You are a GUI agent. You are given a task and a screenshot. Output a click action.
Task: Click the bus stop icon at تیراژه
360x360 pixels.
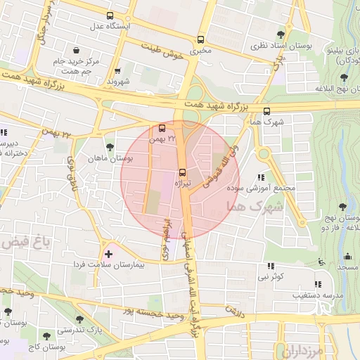click(x=183, y=172)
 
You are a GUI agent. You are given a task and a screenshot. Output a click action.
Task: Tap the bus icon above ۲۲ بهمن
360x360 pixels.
click(x=162, y=128)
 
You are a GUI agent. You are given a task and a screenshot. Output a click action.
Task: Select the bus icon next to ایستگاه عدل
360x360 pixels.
click(x=109, y=15)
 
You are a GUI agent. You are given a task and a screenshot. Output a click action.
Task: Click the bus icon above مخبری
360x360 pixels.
click(x=201, y=39)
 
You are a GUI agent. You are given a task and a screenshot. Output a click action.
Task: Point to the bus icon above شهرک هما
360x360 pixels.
click(x=266, y=110)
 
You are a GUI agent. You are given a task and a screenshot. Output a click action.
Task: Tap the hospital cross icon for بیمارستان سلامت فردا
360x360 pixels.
click(x=108, y=253)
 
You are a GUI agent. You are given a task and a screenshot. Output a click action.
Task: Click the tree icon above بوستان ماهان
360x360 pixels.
click(x=109, y=146)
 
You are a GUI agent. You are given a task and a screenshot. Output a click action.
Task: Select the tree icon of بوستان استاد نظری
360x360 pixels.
click(x=281, y=34)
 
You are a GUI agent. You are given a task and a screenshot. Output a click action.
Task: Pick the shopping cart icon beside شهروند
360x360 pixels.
click(x=117, y=70)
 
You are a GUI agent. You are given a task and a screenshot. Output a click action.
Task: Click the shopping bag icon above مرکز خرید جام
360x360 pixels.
click(x=76, y=50)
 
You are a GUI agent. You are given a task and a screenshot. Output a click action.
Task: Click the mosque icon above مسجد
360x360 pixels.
click(x=348, y=255)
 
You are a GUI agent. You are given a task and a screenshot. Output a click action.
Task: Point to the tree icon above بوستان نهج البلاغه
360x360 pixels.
click(x=344, y=77)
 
